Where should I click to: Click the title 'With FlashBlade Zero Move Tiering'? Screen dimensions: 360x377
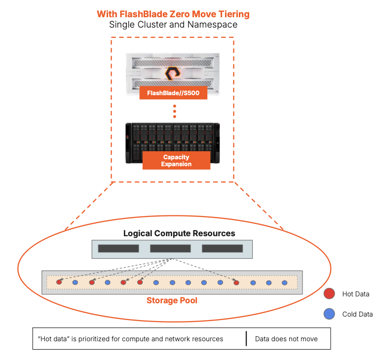pyautogui.click(x=173, y=14)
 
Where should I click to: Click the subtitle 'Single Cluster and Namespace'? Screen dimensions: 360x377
pyautogui.click(x=173, y=25)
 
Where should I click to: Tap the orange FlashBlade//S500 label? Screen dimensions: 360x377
pyautogui.click(x=173, y=93)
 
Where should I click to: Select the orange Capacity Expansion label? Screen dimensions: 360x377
pyautogui.click(x=176, y=161)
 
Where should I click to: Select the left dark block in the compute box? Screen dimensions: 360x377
pyautogui.click(x=118, y=248)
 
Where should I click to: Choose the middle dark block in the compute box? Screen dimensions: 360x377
pyautogui.click(x=170, y=248)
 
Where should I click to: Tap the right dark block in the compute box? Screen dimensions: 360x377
pyautogui.click(x=222, y=248)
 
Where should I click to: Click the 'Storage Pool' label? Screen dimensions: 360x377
pyautogui.click(x=172, y=300)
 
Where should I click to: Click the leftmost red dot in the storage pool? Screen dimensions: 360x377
pyautogui.click(x=59, y=283)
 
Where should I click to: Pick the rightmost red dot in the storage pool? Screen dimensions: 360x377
pyautogui.click(x=236, y=283)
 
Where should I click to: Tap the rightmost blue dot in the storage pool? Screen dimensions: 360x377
pyautogui.click(x=285, y=283)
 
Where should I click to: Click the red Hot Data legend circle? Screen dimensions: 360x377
pyautogui.click(x=329, y=294)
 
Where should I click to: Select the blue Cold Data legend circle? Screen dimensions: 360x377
pyautogui.click(x=329, y=314)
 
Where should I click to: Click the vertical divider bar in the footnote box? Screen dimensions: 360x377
pyautogui.click(x=246, y=339)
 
